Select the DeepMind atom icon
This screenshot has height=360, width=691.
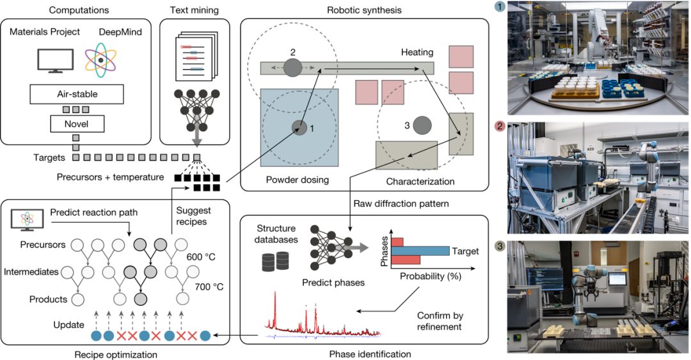[100, 59]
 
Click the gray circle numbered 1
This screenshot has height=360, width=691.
[298, 128]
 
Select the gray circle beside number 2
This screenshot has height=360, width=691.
[292, 67]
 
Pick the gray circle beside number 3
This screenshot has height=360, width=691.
[421, 125]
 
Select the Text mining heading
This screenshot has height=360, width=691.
[194, 10]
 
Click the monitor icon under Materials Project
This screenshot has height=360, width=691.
[56, 61]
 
